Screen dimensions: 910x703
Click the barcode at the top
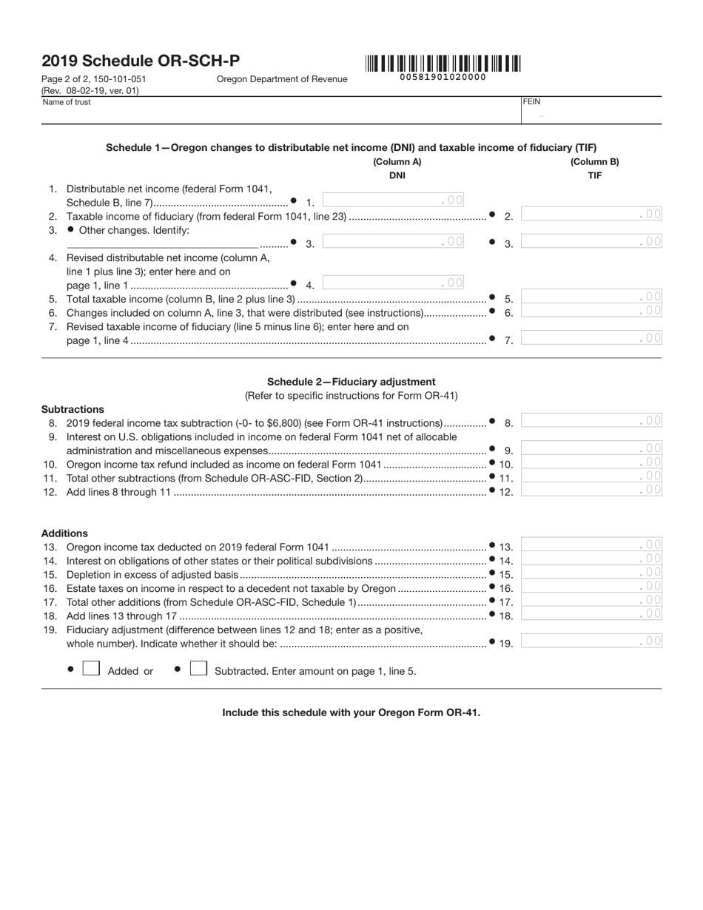[443, 64]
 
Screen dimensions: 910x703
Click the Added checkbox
[91, 668]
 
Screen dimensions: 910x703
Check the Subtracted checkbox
[198, 668]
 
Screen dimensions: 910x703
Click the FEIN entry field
[591, 115]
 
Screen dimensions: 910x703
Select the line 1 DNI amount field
[394, 200]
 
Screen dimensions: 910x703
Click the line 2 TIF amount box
[591, 215]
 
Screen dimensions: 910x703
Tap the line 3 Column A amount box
[394, 241]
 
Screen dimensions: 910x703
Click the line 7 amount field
[591, 338]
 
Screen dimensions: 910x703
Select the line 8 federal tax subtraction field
[591, 421]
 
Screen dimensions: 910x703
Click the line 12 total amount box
[591, 489]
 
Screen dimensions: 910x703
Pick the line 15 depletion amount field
[591, 573]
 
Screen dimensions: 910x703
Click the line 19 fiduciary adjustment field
[591, 641]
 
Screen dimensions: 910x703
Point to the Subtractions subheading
[73, 409]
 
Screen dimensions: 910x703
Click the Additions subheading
[64, 533]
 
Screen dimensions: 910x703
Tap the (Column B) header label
[594, 162]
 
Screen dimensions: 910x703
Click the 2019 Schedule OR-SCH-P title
[141, 61]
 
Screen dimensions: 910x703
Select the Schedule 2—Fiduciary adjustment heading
[351, 382]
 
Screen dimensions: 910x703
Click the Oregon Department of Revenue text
[281, 79]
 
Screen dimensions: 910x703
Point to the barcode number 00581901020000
[443, 77]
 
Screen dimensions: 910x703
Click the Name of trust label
[67, 102]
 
